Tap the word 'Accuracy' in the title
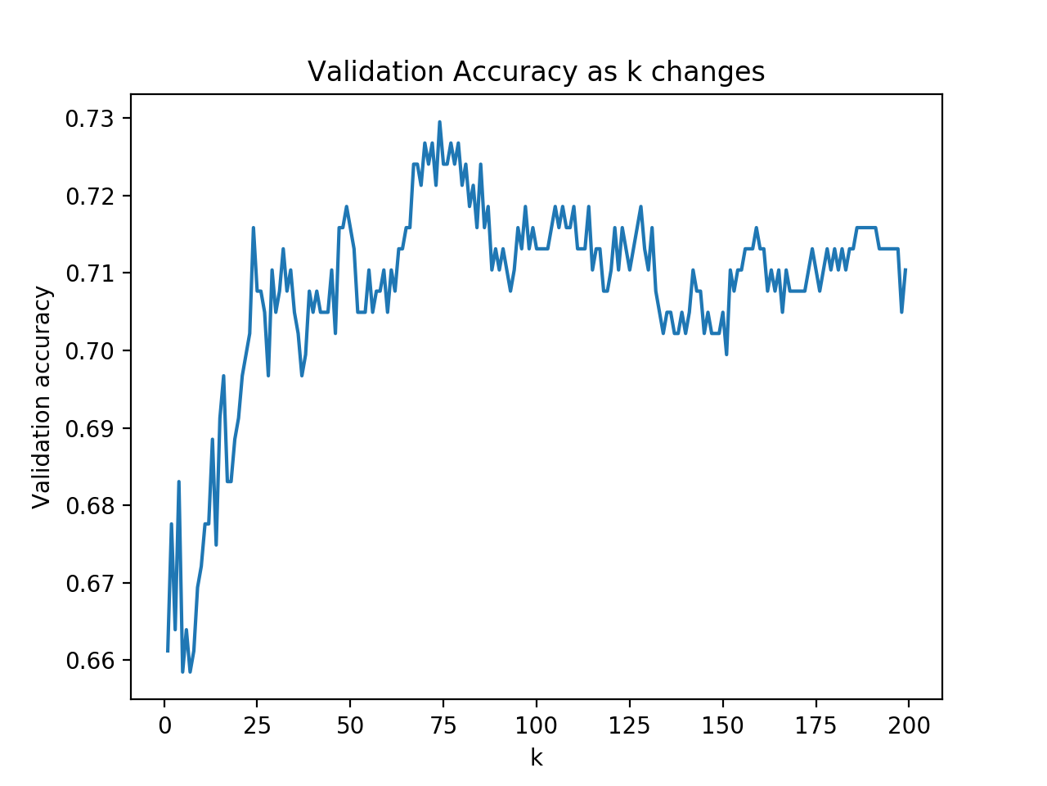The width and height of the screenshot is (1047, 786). point(515,74)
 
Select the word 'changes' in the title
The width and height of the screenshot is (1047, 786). point(708,74)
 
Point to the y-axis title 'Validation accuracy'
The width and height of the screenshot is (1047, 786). point(42,398)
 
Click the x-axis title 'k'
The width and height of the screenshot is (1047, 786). point(536,757)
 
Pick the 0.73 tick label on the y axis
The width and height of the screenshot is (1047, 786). point(90,119)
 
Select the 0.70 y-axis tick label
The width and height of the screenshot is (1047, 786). point(90,351)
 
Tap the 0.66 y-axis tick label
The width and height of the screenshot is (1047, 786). point(90,661)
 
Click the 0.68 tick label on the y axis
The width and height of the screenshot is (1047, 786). point(90,506)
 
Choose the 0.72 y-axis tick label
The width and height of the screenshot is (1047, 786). point(90,196)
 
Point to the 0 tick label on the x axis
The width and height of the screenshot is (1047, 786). point(164,726)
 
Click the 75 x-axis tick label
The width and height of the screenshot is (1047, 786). point(443,726)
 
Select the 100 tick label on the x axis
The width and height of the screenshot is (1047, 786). point(536,726)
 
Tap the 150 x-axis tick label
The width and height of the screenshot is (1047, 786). point(722,726)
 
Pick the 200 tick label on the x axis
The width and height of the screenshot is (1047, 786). point(909,726)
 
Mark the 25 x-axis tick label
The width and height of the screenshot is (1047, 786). point(257,726)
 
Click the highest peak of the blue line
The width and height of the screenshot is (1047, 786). point(439,122)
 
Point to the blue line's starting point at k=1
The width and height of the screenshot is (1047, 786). point(168,651)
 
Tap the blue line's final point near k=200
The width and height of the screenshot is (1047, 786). point(905,269)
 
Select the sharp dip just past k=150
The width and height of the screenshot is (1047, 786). point(726,354)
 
